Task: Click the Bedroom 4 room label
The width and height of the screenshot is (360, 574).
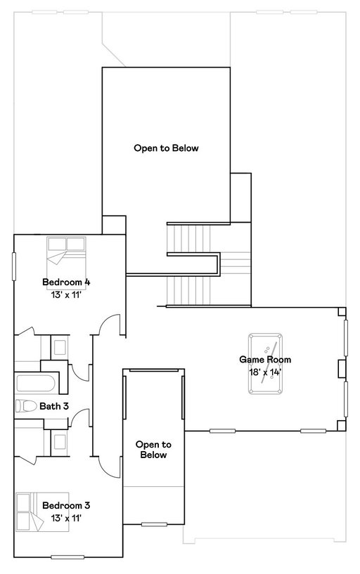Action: coord(66,282)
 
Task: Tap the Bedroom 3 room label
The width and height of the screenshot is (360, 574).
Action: coord(66,505)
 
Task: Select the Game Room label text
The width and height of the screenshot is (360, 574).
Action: coord(265,360)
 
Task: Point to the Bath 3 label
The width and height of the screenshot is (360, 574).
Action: coord(54,406)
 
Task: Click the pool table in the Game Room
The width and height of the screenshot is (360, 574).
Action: coord(265,363)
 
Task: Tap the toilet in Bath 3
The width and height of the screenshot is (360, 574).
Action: coord(26,406)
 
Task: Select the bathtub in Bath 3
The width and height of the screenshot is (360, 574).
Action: coord(36,383)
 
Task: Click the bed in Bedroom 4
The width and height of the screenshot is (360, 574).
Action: coord(66,251)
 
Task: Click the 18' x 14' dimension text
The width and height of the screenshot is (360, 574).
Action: coord(265,372)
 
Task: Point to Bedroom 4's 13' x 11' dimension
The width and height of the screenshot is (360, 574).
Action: coord(66,294)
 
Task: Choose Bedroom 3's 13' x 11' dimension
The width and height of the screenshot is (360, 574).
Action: coord(66,518)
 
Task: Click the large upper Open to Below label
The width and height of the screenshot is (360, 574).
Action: coord(166,148)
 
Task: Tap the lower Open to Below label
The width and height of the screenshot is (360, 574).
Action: coord(153,450)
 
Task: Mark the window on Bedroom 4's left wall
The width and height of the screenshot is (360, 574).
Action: coord(14,266)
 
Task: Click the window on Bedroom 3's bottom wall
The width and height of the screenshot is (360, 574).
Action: coord(67,557)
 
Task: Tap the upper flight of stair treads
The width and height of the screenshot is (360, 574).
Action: coord(189,238)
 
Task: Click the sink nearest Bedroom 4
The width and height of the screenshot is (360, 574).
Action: coord(60,347)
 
